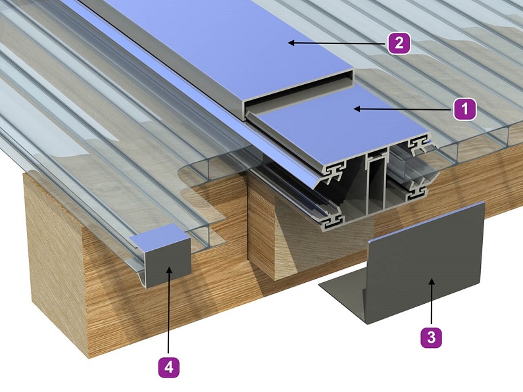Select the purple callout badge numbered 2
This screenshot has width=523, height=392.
pyautogui.click(x=399, y=43)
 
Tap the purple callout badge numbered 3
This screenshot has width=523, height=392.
pyautogui.click(x=432, y=337)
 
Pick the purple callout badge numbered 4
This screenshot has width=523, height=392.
pyautogui.click(x=169, y=368)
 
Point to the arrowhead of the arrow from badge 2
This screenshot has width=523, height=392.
pyautogui.click(x=291, y=43)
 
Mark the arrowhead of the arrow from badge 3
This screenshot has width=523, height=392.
pyautogui.click(x=432, y=282)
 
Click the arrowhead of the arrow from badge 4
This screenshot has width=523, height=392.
pyautogui.click(x=169, y=270)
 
